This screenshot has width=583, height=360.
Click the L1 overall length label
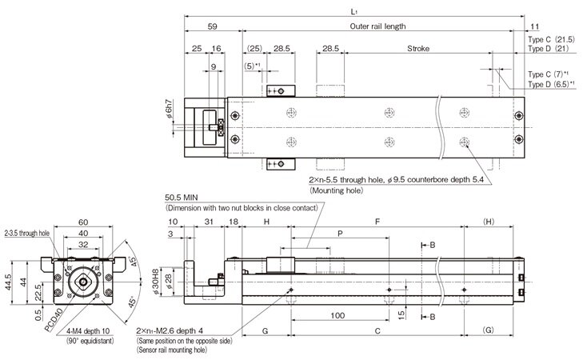click(x=353, y=11)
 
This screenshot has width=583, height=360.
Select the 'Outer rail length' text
click(x=377, y=26)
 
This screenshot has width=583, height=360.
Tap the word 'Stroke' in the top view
click(x=418, y=49)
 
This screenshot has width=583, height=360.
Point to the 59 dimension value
click(x=213, y=26)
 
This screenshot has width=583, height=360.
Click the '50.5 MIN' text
click(x=182, y=197)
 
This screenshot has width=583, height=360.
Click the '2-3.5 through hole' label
click(x=26, y=234)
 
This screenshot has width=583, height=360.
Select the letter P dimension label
click(x=340, y=234)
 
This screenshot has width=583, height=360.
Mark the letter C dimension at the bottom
click(x=377, y=330)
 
